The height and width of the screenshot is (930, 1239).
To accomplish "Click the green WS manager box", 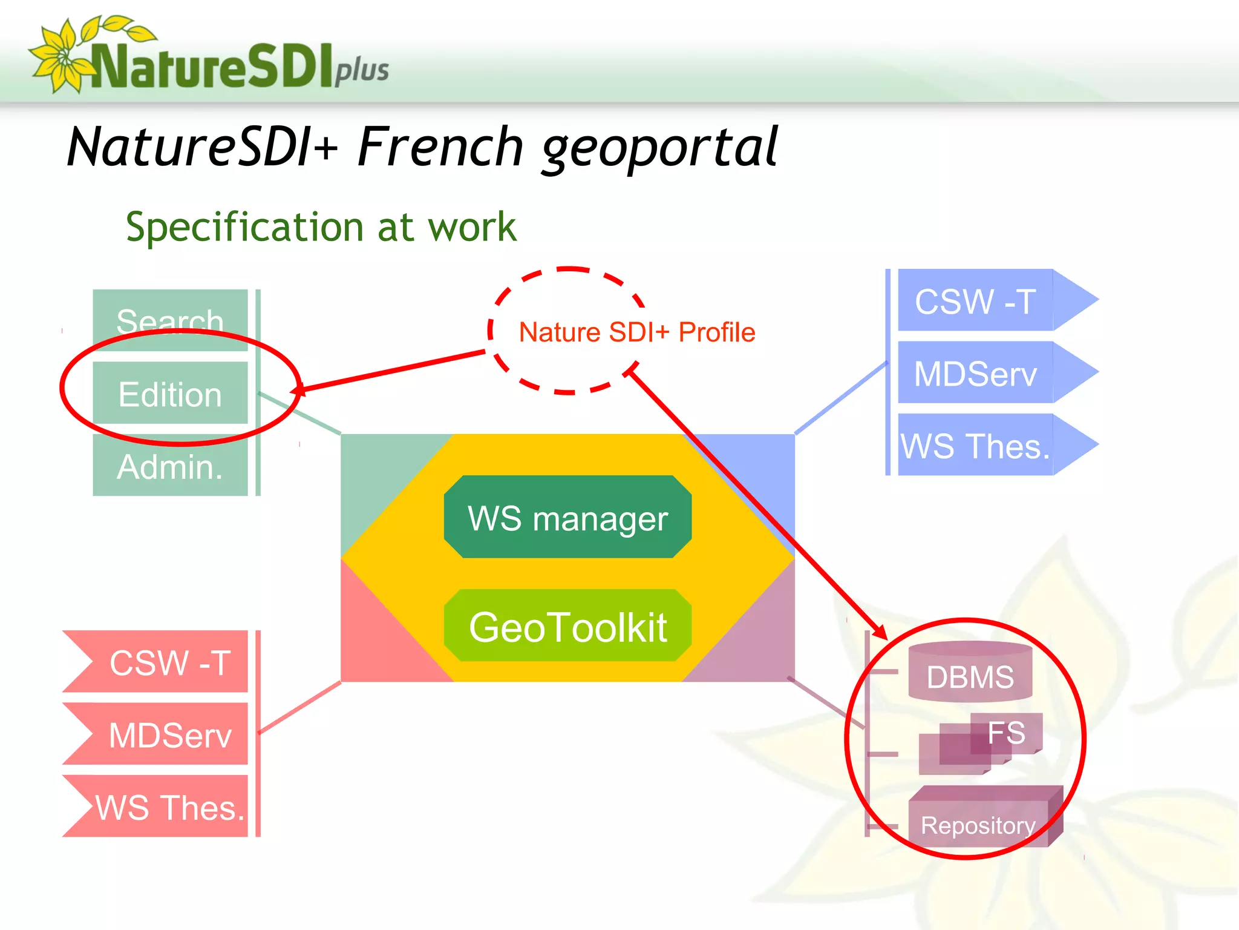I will (567, 516).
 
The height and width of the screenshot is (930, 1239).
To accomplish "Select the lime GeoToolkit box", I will (567, 625).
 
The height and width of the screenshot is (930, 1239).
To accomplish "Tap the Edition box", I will (170, 394).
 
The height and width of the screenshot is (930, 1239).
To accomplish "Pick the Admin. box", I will (170, 466).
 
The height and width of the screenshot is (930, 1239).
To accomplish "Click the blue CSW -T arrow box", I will (975, 300).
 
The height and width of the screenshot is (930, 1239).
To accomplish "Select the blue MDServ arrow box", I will (975, 373).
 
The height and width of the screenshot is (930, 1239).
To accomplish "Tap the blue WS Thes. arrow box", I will (975, 445).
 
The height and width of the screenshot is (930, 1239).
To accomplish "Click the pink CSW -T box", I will (170, 662).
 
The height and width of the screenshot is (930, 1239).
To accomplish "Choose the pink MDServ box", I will (170, 734).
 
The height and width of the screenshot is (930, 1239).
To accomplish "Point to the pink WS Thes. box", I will (170, 806).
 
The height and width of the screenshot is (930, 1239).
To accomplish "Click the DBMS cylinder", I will (970, 673).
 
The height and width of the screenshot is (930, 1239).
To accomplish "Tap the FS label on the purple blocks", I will (1005, 733).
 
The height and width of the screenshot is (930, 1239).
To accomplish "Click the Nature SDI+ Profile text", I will (636, 332).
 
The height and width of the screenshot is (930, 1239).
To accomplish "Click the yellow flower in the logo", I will (60, 58).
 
